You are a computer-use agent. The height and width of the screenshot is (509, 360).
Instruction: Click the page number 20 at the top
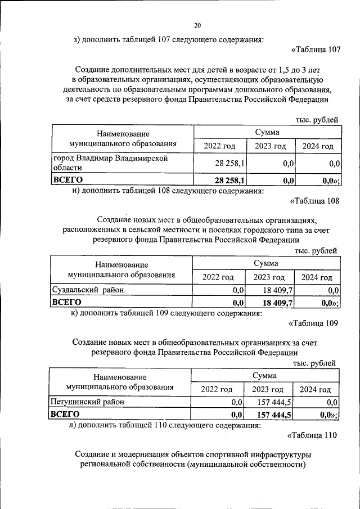click(x=197, y=25)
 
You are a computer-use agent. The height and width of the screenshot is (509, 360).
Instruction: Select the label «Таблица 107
click(x=316, y=49)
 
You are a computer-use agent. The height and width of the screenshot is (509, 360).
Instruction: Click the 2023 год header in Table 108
click(x=269, y=277)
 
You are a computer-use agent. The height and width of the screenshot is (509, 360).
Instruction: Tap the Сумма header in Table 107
click(x=267, y=132)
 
